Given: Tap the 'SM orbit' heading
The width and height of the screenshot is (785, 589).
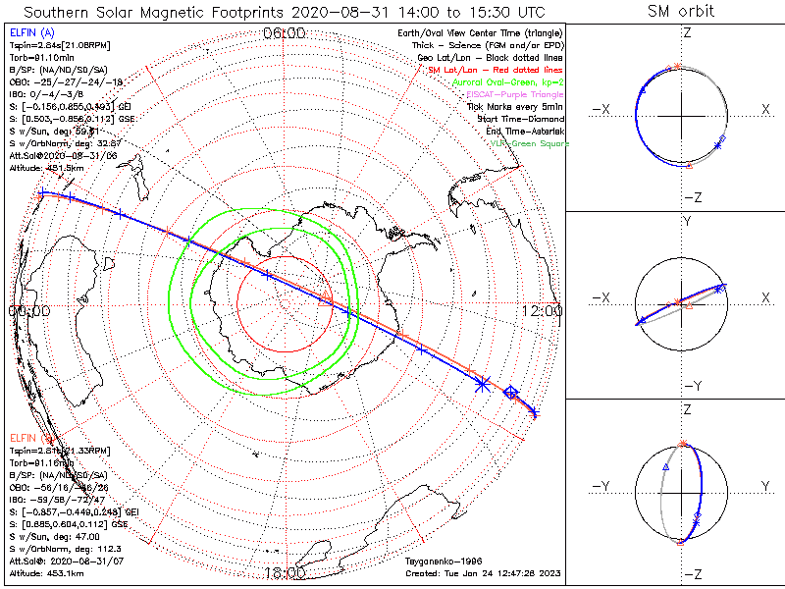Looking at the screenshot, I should [681, 12].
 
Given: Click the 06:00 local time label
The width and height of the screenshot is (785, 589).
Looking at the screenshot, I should [285, 33].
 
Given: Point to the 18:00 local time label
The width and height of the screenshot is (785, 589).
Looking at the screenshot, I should [285, 573].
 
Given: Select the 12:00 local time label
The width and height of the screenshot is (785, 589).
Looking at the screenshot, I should [544, 311].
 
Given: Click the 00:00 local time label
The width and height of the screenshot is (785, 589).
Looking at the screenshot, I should [28, 311].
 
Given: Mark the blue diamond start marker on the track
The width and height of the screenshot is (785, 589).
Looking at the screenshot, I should [510, 393].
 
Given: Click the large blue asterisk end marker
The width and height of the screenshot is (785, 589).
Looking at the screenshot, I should [481, 385].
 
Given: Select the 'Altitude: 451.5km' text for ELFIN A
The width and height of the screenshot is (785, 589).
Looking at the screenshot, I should [44, 166].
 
